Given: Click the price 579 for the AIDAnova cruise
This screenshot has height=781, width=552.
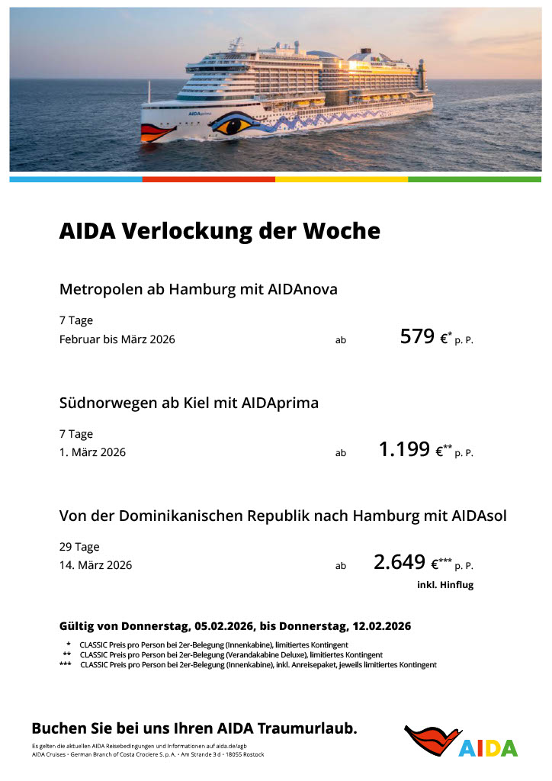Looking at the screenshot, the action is [x=417, y=336].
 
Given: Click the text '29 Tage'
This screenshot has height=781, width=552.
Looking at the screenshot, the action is [x=79, y=547].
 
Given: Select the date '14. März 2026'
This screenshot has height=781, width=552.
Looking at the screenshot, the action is [x=95, y=565].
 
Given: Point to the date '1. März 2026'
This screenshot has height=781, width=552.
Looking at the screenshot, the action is [x=92, y=452].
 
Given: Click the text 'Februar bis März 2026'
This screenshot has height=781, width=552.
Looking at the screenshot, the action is [x=117, y=339].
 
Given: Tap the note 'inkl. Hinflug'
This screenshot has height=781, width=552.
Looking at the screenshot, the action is [x=445, y=585].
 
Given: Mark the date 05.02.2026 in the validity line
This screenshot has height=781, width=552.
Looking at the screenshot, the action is [x=223, y=626].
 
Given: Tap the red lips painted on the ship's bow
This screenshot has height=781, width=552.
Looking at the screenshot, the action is [x=158, y=132].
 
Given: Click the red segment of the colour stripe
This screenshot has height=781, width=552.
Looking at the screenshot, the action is [x=208, y=179].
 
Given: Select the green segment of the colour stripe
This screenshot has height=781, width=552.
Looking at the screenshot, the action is [x=474, y=179].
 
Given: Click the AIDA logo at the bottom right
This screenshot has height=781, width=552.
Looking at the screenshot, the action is [x=461, y=741].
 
